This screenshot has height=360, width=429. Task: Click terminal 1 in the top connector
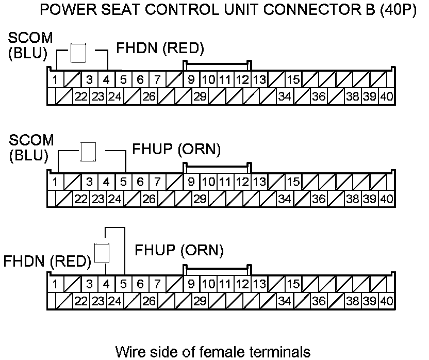(x=55, y=80)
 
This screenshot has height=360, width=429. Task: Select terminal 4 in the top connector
(x=106, y=80)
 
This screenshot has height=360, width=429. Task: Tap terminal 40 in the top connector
(x=387, y=96)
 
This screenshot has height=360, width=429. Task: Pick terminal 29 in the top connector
(x=200, y=96)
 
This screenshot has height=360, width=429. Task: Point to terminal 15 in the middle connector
(x=293, y=182)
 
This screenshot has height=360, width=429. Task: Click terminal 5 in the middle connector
(x=123, y=182)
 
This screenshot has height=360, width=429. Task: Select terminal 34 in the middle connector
(x=285, y=198)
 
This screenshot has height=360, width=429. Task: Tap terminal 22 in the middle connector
(x=80, y=198)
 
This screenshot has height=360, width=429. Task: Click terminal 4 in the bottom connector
(x=106, y=284)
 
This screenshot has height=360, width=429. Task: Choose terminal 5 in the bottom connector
(x=123, y=284)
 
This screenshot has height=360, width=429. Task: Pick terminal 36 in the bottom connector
(x=319, y=300)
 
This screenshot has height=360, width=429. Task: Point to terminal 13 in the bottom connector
(x=259, y=284)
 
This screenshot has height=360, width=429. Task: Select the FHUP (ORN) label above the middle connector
(x=177, y=150)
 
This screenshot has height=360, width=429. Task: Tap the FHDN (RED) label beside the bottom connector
(x=47, y=261)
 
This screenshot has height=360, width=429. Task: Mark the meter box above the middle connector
(x=89, y=152)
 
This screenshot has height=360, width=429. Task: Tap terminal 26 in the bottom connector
(x=149, y=300)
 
